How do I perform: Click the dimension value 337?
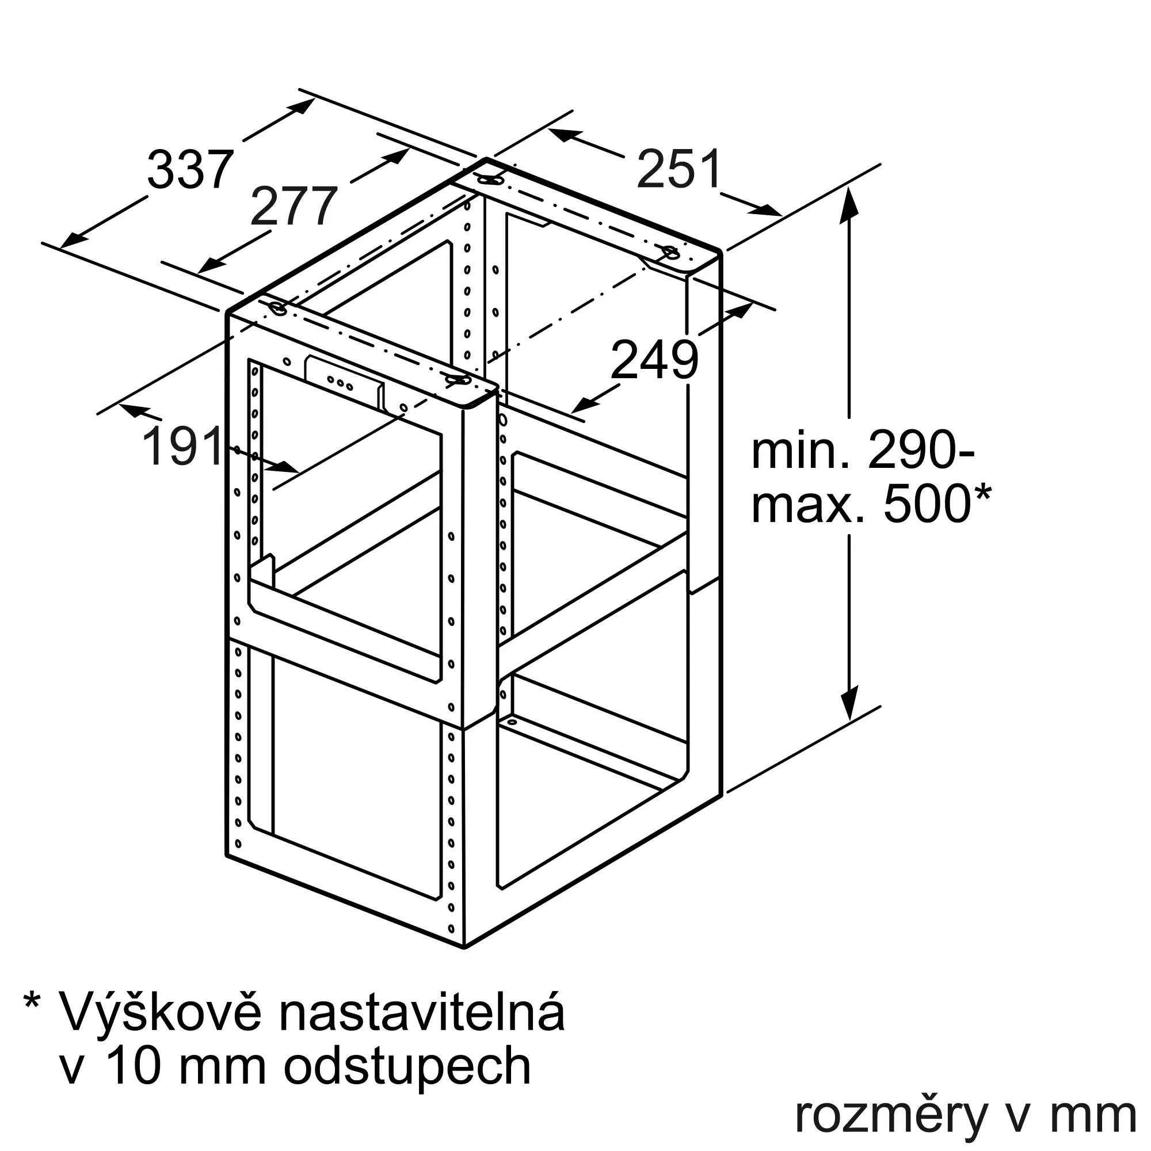189,170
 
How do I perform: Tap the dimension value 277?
294,206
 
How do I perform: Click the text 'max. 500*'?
871,505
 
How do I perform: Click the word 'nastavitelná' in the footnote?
421,1012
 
